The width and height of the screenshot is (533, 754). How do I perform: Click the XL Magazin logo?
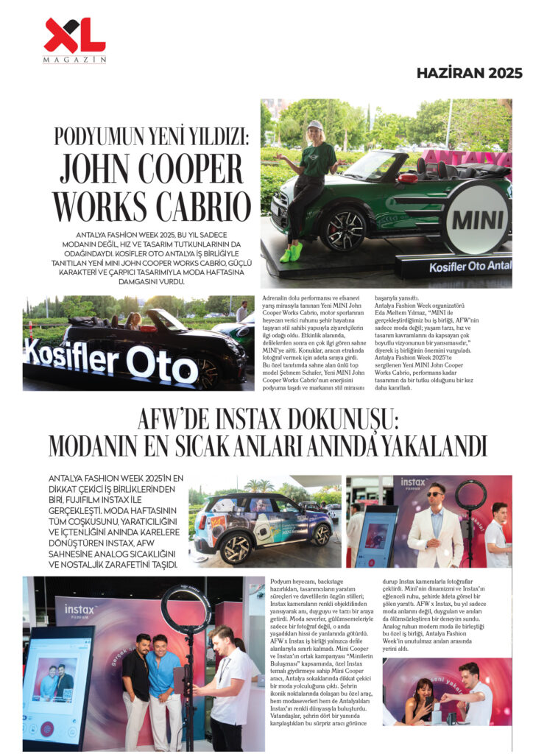click(74, 40)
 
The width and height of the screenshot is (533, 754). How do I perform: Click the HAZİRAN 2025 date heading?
click(469, 73)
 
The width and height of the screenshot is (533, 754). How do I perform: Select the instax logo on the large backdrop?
click(79, 611)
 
